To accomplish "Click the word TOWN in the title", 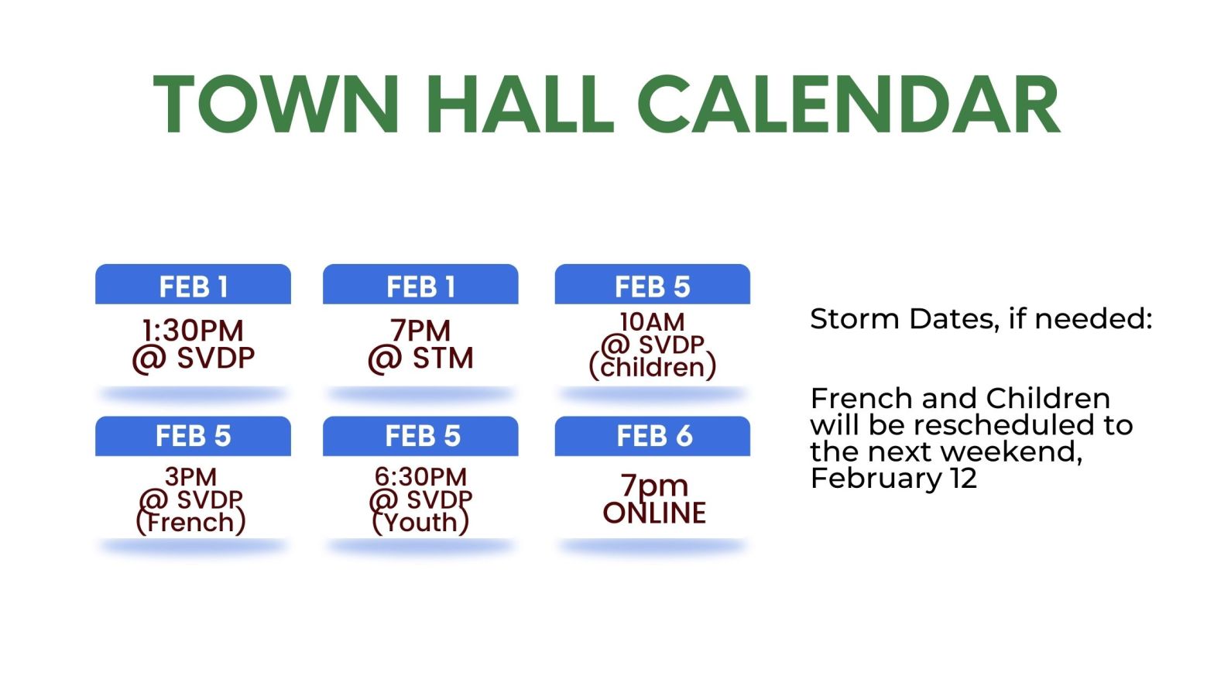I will tap(276, 105).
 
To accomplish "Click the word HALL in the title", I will tap(520, 105).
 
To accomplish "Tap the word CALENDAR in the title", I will tap(849, 105).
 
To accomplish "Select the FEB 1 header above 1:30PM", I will tap(193, 287).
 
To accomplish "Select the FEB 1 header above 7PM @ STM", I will tap(420, 287).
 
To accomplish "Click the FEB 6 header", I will tap(653, 436).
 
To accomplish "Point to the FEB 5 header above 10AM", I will tap(652, 287).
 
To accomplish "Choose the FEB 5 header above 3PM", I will tap(193, 436).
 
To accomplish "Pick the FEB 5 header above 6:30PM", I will tap(422, 436).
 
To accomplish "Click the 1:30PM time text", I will tap(193, 331).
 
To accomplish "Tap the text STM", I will tap(443, 359).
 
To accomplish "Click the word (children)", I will tap(653, 367).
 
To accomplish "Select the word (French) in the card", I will tap(190, 522).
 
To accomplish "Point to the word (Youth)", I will tap(420, 522).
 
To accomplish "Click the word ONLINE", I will tap(654, 513).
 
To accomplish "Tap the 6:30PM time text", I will tap(420, 475).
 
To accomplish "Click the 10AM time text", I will tap(652, 321).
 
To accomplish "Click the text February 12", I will tap(893, 478).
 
